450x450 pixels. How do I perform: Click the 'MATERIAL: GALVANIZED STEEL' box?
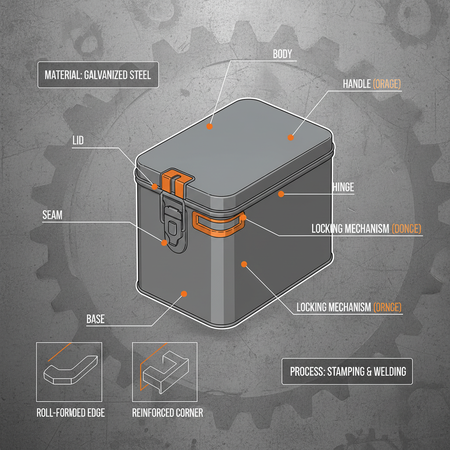coord(98,75)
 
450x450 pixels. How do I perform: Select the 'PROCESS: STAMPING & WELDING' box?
coord(348,371)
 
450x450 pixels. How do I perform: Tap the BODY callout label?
coord(282,54)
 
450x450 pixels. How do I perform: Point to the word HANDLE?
coord(356,84)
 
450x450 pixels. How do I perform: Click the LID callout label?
coord(77,141)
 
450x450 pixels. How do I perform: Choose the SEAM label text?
coord(52,215)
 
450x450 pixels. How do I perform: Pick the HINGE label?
coord(343,187)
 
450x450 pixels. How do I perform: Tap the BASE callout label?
coord(95,319)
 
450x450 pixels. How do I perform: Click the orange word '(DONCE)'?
coord(406,229)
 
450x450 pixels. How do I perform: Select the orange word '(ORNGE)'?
coord(387,307)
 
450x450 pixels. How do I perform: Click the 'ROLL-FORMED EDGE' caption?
coord(70,413)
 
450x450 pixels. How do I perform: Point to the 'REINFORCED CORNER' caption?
coord(167,413)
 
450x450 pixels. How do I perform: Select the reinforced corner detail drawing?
coord(165,372)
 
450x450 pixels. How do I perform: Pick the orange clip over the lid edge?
coord(177,181)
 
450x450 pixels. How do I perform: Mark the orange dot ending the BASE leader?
coord(184,293)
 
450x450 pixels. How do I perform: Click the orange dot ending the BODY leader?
coord(210,126)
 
